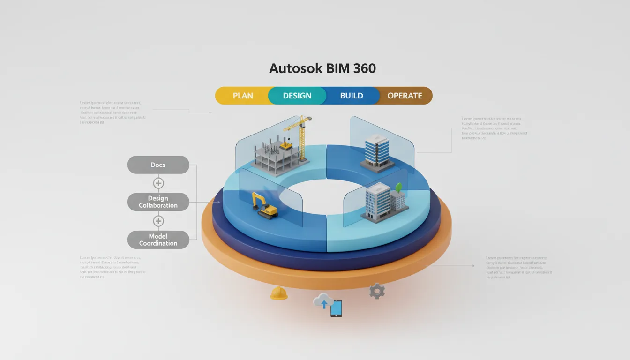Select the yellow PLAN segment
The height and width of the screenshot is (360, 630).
click(x=242, y=96)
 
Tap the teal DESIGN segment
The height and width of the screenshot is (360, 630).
click(x=297, y=96)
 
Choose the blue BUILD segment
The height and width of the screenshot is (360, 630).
click(x=352, y=96)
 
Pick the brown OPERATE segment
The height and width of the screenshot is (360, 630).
click(x=405, y=96)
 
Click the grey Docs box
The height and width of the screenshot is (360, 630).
click(x=158, y=165)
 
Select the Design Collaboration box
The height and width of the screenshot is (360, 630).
click(x=158, y=202)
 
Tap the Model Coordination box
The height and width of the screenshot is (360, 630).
click(x=158, y=240)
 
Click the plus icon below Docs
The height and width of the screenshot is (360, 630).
click(x=158, y=183)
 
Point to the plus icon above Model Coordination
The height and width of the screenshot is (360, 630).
click(x=158, y=221)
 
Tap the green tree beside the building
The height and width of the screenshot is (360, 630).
click(x=399, y=187)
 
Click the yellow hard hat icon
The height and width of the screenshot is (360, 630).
click(x=278, y=293)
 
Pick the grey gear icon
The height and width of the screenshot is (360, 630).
click(x=377, y=291)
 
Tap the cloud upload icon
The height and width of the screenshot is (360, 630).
click(x=323, y=300)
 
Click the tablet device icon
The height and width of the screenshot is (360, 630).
click(x=336, y=309)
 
